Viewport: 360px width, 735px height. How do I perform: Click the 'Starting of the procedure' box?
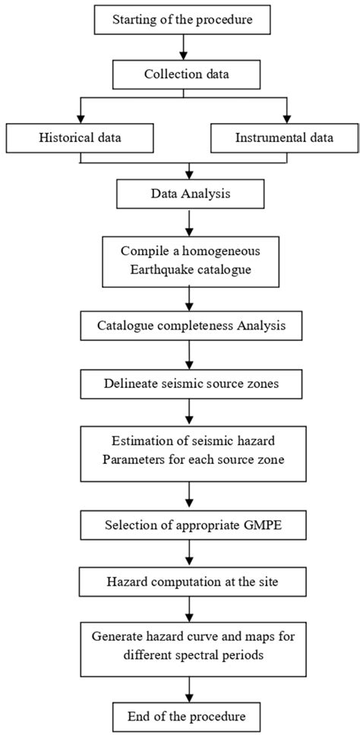click(182, 20)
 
